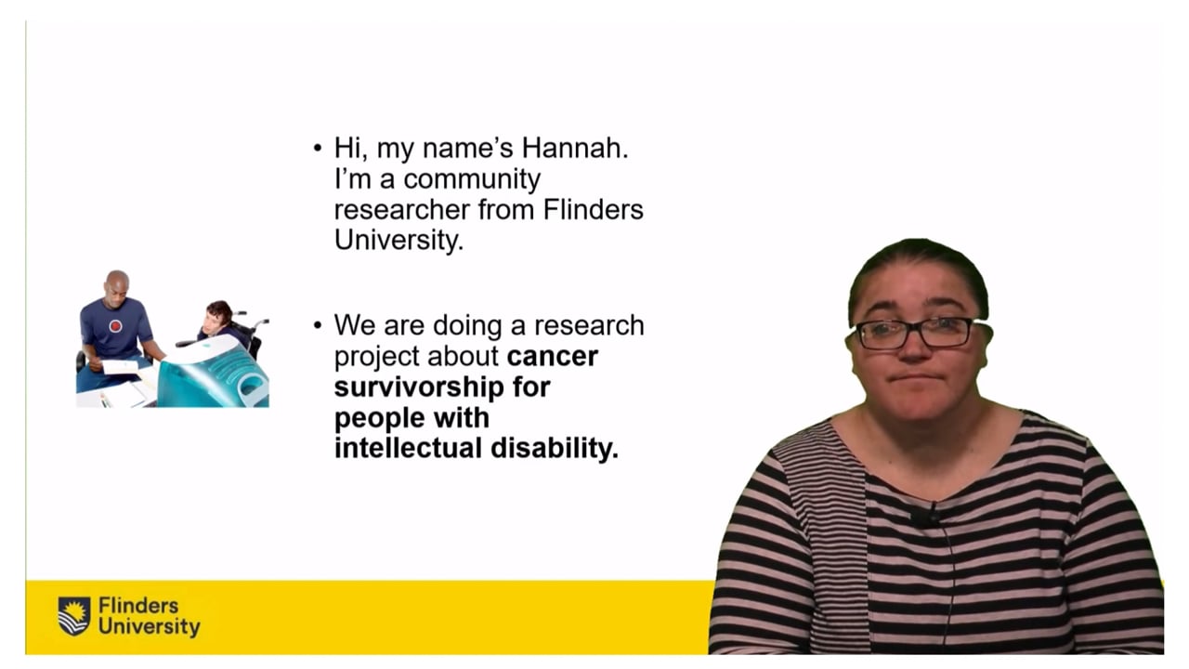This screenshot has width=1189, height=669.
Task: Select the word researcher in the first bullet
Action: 401,210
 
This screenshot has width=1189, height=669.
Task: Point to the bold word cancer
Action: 553,357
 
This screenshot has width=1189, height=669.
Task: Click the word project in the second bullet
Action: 377,357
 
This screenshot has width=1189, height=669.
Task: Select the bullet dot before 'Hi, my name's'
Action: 318,148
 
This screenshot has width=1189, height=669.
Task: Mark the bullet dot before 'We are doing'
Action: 318,325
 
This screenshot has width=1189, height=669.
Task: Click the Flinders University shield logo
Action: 74,616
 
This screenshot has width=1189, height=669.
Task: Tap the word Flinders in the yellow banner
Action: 138,606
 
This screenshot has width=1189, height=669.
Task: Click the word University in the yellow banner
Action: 149,627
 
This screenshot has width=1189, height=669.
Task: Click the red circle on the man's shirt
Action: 115,326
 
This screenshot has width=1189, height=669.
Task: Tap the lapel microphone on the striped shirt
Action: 925,514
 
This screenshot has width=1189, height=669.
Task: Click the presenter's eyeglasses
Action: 914,332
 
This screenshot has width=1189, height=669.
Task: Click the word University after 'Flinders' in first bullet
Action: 397,241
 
